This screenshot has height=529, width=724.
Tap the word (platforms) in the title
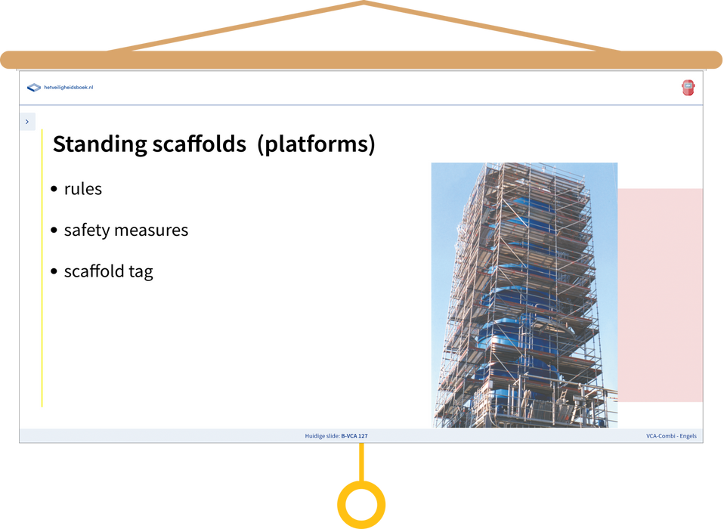click(x=317, y=144)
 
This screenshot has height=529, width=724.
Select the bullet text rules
click(x=83, y=189)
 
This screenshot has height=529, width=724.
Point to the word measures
click(x=151, y=230)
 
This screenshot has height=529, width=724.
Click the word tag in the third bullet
click(x=141, y=272)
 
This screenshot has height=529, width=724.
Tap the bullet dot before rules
click(x=54, y=189)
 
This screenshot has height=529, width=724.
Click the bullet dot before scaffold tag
click(x=54, y=271)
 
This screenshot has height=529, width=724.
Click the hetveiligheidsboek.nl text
click(x=68, y=87)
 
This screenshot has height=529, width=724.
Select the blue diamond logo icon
click(x=34, y=87)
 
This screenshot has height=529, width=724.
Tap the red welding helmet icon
click(x=688, y=88)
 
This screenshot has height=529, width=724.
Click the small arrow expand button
click(x=27, y=122)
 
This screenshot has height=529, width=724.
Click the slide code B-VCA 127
click(x=354, y=436)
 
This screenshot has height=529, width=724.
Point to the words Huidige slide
click(x=322, y=436)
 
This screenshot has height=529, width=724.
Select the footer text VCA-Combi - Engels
click(x=671, y=436)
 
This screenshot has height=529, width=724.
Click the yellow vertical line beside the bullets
click(x=42, y=268)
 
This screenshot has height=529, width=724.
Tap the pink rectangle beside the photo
click(x=661, y=295)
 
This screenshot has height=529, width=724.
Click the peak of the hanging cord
click(x=364, y=2)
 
